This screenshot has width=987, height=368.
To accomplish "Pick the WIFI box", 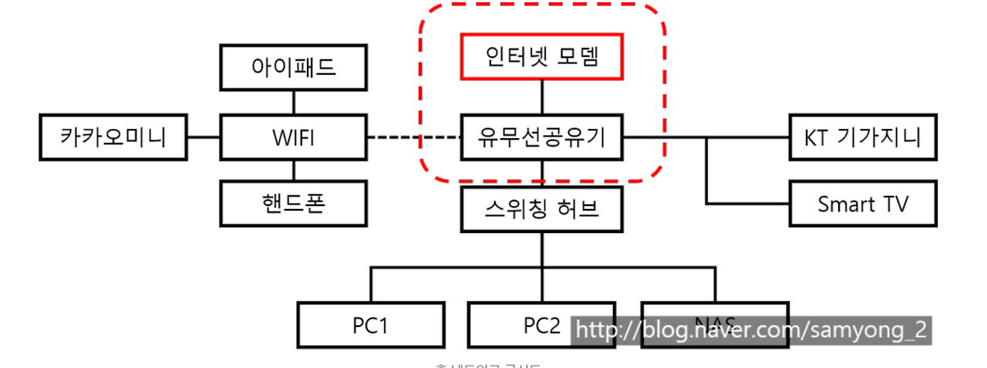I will click(293, 139).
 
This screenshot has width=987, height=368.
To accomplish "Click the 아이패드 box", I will click(293, 67).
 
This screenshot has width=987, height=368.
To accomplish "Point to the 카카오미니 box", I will click(113, 139).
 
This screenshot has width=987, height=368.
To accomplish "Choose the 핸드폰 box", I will click(293, 204).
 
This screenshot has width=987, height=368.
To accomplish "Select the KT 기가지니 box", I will click(862, 139).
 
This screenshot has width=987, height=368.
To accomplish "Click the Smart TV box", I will click(862, 204).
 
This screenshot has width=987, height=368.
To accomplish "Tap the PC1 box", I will click(370, 325).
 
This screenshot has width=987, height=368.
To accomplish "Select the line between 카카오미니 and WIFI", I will click(204, 139).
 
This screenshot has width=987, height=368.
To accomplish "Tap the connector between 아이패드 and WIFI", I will click(293, 102).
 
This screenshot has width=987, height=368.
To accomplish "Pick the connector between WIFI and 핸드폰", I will click(293, 170).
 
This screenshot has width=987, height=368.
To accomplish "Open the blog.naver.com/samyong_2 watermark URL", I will click(752, 329).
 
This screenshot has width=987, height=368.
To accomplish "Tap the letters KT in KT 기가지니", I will click(817, 139).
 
